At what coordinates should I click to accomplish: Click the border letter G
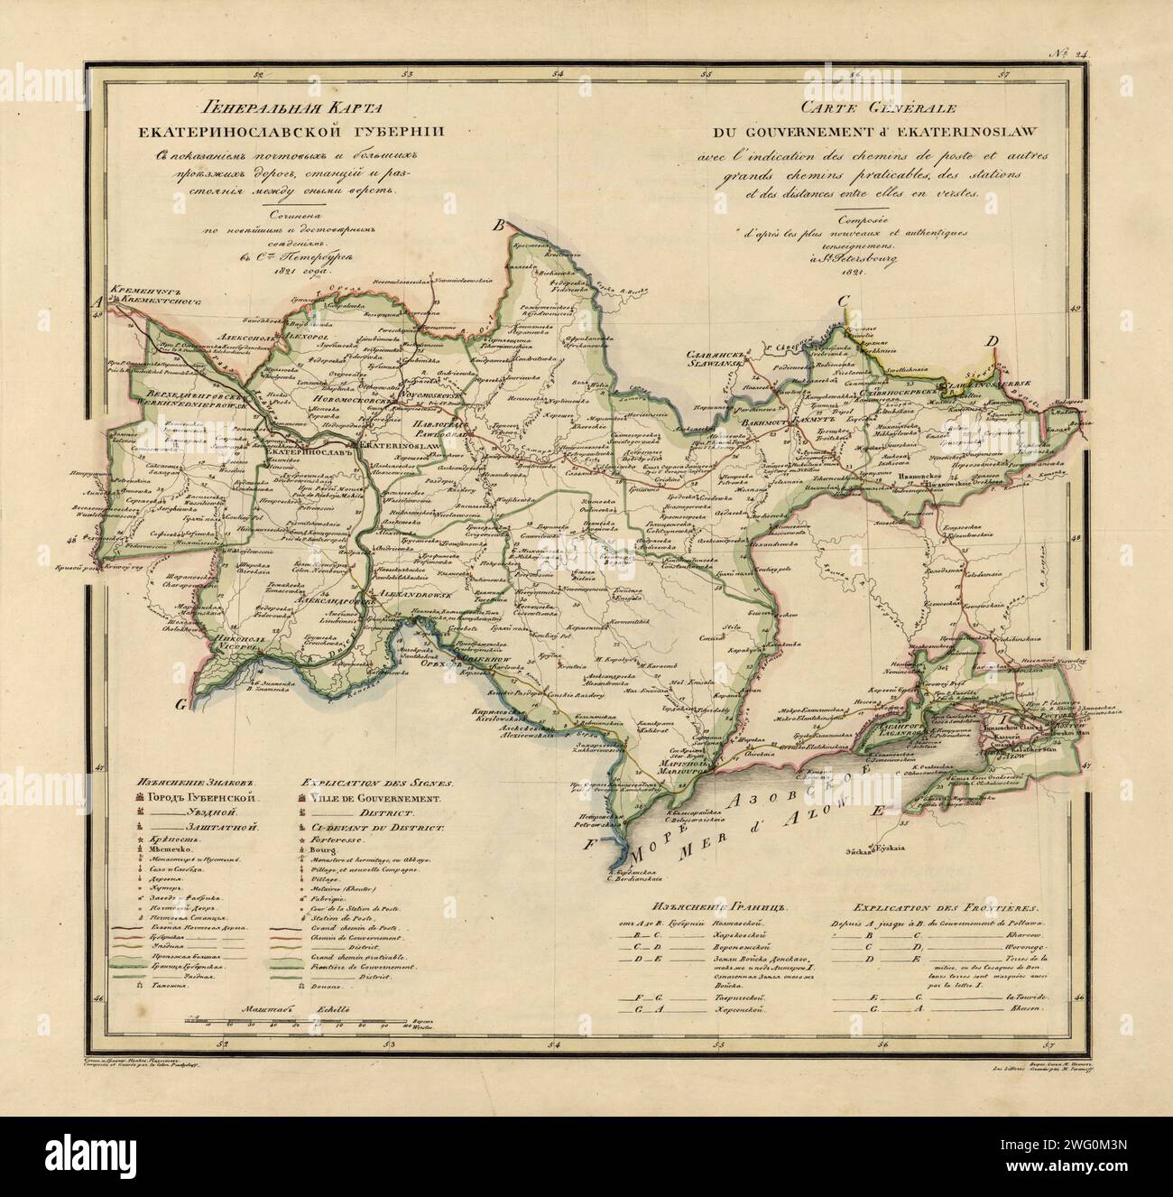(x=182, y=705)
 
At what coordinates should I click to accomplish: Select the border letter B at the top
(x=494, y=229)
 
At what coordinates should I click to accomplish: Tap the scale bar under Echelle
(x=317, y=1025)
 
